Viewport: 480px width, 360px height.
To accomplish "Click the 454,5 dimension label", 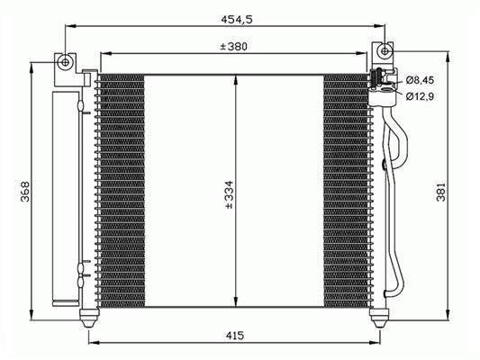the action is click(237, 19).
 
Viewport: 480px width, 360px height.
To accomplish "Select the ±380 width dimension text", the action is click(233, 47).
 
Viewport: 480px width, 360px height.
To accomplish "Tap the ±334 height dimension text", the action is click(230, 194).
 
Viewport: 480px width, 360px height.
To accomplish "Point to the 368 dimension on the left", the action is click(25, 192).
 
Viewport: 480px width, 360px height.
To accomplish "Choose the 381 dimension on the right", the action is click(441, 192).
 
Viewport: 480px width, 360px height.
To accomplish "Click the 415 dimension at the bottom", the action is click(235, 336).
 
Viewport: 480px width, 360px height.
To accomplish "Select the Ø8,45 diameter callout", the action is click(420, 80).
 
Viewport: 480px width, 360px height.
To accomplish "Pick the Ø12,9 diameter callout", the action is click(420, 96).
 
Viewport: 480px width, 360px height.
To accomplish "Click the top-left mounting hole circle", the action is click(65, 62).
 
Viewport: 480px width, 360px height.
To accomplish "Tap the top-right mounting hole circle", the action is click(385, 50).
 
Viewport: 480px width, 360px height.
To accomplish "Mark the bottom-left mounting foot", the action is click(89, 318).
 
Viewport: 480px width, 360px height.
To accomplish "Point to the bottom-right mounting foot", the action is click(380, 318).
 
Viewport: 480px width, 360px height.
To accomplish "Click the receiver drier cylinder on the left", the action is click(65, 198).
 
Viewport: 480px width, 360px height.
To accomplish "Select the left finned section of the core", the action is click(122, 191).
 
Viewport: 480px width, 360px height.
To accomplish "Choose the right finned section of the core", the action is click(346, 191).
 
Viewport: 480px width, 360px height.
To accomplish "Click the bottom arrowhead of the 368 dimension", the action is click(32, 314).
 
